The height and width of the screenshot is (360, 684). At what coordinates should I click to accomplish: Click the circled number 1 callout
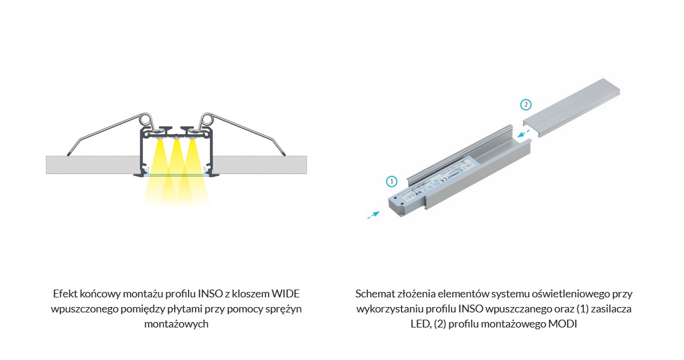click(x=391, y=181)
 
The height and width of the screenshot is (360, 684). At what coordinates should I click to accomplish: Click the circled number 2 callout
click(x=526, y=104)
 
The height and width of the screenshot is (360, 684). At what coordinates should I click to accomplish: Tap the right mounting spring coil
click(x=208, y=119)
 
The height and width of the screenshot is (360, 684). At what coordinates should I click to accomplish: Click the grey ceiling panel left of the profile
click(x=90, y=164)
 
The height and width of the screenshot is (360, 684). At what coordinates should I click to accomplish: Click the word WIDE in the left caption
click(x=285, y=294)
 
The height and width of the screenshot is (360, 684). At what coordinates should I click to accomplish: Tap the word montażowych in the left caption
click(x=176, y=324)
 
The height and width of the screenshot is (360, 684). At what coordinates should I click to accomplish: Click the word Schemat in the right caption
click(x=374, y=294)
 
